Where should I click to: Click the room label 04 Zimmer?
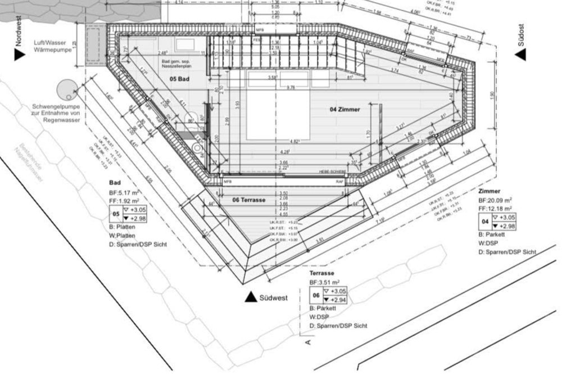[x=344, y=110]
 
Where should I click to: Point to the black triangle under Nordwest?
[x=20, y=54]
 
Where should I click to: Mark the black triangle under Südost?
[x=520, y=54]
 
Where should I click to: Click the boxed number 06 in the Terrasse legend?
[x=315, y=296]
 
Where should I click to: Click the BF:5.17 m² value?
[x=125, y=193]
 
